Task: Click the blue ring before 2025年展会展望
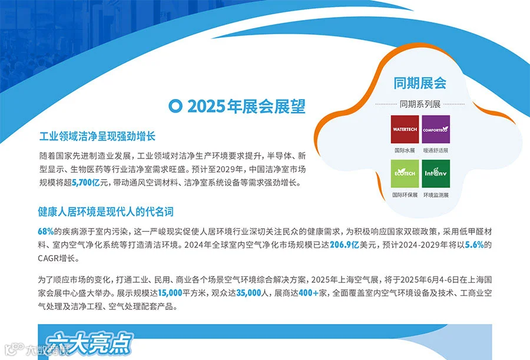pos(174,107)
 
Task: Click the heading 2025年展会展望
pos(246,107)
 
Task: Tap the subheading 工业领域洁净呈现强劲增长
pos(97,137)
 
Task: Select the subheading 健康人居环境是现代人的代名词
pos(105,212)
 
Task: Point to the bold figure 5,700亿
pos(86,183)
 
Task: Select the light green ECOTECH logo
pos(405,174)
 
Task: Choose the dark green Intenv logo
pos(436,174)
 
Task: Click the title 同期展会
pos(420,83)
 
